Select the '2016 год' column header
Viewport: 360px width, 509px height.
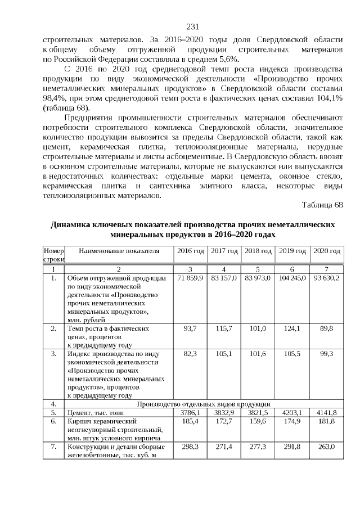(x=190, y=251)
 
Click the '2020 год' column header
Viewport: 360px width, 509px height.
(x=326, y=251)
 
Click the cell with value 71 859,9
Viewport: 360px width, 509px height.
(x=190, y=278)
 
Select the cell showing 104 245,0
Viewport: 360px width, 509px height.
(x=292, y=278)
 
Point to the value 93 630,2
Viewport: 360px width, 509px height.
(x=326, y=278)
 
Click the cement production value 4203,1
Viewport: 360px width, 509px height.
(x=292, y=412)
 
